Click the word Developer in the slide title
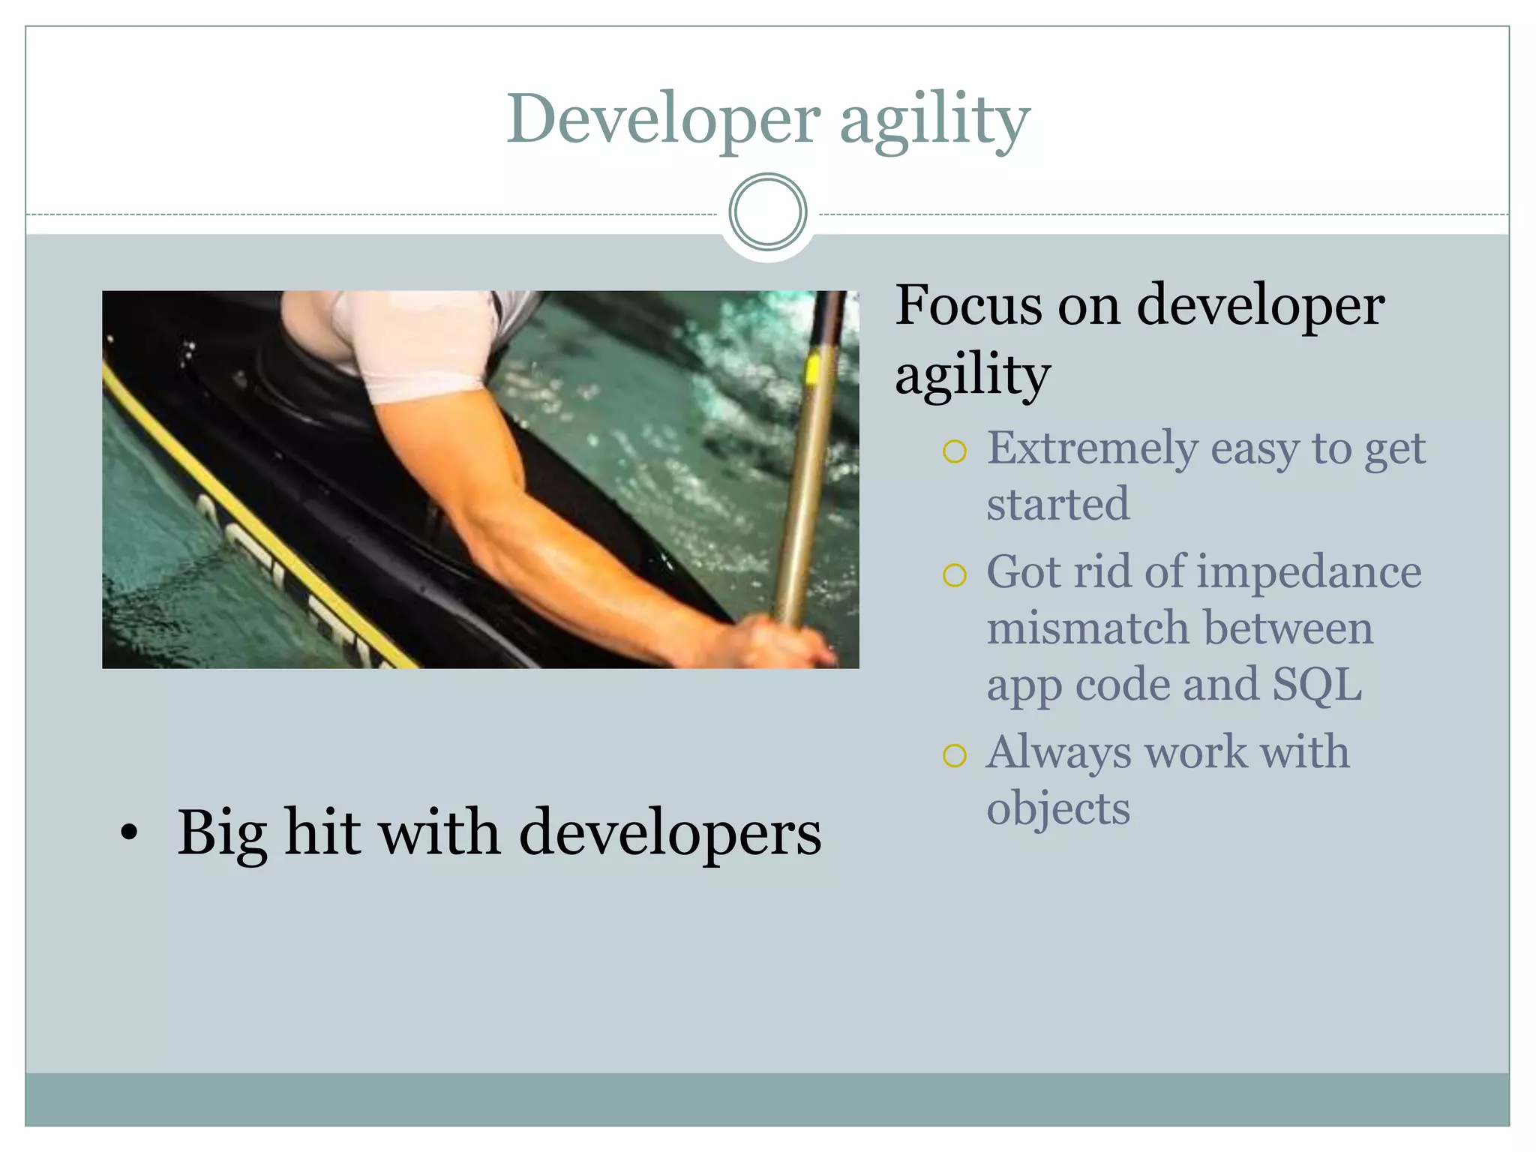(x=663, y=120)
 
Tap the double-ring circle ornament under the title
(x=767, y=212)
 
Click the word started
(x=1057, y=504)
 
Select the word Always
(x=1058, y=752)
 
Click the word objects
(x=1057, y=808)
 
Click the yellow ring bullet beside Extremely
(x=954, y=451)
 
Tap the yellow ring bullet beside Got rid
(x=954, y=575)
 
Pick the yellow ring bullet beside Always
(x=954, y=755)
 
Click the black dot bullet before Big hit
(x=129, y=832)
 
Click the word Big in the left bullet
(x=222, y=834)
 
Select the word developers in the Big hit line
(x=670, y=832)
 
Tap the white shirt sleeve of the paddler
(x=420, y=341)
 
